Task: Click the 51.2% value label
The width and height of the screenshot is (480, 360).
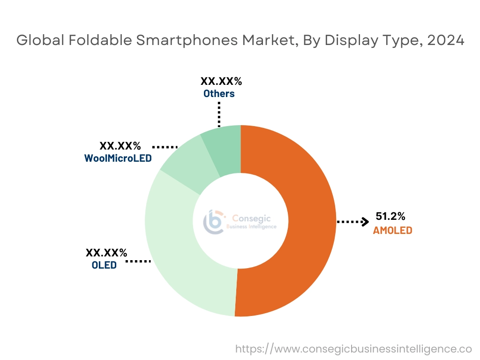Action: tap(390, 217)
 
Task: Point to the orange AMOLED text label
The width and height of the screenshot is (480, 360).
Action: tap(392, 231)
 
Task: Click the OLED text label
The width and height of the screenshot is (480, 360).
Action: tap(104, 265)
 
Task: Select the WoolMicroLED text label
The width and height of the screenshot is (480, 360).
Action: tap(118, 158)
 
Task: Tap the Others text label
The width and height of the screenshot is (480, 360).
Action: tap(219, 94)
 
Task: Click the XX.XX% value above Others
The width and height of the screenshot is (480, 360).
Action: tap(221, 82)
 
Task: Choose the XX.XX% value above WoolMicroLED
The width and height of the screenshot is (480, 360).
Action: tap(120, 146)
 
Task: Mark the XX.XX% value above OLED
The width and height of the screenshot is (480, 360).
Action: tap(106, 253)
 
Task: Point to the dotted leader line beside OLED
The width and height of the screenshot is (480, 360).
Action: tap(138, 261)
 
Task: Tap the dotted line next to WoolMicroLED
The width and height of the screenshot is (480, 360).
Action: tap(165, 147)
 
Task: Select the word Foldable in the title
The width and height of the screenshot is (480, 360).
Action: tap(100, 40)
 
